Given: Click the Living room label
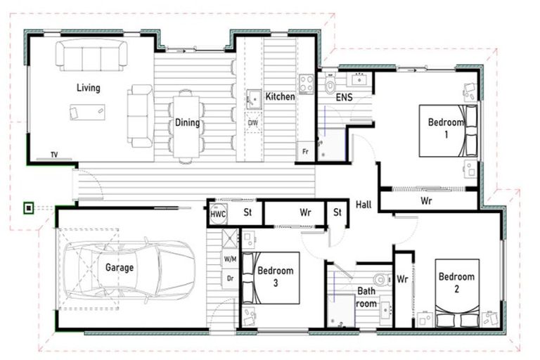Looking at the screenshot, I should pyautogui.click(x=89, y=88).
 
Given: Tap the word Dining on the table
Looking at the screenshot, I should pyautogui.click(x=188, y=123).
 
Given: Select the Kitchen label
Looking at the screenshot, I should pyautogui.click(x=280, y=96).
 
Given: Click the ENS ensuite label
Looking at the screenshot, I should pyautogui.click(x=344, y=98).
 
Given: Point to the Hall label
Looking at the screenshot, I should pyautogui.click(x=363, y=203).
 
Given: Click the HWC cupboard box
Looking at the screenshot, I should pyautogui.click(x=218, y=213).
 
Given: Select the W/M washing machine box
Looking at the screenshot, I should pyautogui.click(x=230, y=259).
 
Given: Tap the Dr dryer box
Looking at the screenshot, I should pyautogui.click(x=230, y=278).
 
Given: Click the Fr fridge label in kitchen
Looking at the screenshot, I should pyautogui.click(x=306, y=151).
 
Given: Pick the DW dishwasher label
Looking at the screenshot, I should pyautogui.click(x=252, y=123).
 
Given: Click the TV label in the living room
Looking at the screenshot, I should pyautogui.click(x=54, y=155).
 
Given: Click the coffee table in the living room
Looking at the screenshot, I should pyautogui.click(x=87, y=112).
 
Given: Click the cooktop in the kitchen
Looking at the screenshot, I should pyautogui.click(x=307, y=84).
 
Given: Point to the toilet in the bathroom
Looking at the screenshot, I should pyautogui.click(x=380, y=279).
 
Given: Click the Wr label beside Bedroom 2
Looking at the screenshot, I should pyautogui.click(x=402, y=279).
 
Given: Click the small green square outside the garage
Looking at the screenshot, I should pyautogui.click(x=28, y=207).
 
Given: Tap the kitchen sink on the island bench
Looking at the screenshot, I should pyautogui.click(x=253, y=100).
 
